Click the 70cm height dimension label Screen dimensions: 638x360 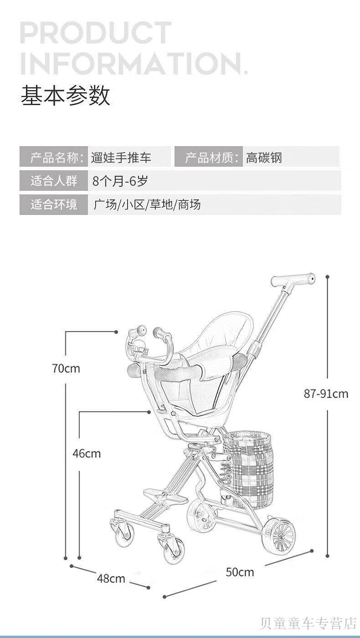point(66,368)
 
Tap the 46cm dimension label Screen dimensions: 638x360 point(87,453)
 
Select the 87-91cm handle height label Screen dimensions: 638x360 point(326,393)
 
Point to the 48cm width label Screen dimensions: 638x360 point(111,578)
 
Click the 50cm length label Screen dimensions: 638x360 point(240,572)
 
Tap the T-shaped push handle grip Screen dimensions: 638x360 point(293,279)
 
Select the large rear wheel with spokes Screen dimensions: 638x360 point(278,536)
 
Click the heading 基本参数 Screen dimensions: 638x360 point(65,96)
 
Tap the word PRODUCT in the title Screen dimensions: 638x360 point(96,34)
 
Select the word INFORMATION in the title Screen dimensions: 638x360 point(132,63)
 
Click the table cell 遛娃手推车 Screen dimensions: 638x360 point(121,158)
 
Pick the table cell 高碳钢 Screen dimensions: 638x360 point(264,158)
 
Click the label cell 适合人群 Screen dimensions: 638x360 point(54,181)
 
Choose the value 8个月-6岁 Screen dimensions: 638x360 point(120,181)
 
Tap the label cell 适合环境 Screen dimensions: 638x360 point(54,204)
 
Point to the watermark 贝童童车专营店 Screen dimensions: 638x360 point(308,623)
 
